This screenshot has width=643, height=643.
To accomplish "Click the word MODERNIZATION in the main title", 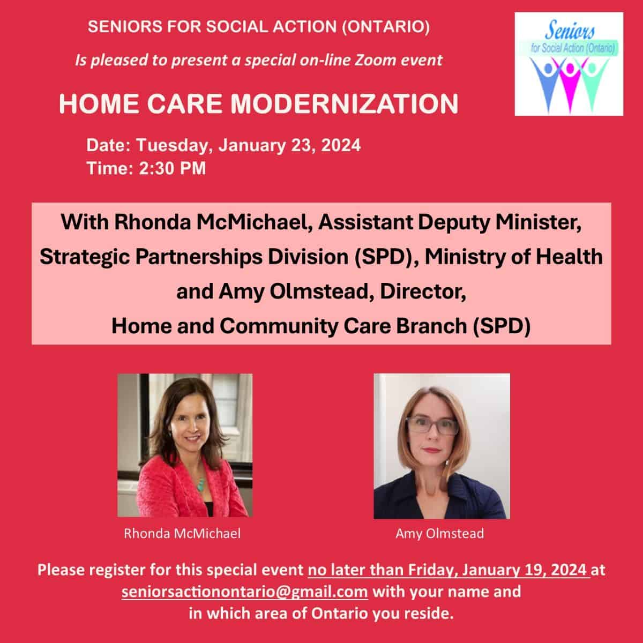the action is pyautogui.click(x=345, y=103).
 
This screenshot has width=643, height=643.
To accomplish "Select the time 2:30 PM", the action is pyautogui.click(x=172, y=168).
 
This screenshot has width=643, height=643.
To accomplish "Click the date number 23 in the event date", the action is pyautogui.click(x=303, y=145).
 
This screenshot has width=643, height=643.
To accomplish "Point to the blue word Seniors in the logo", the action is pyautogui.click(x=570, y=31).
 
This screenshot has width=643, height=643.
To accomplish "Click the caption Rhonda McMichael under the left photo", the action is pyautogui.click(x=182, y=533).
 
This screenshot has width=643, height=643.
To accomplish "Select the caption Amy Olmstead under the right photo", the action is pyautogui.click(x=439, y=533).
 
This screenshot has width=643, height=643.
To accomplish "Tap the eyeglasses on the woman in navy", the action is pyautogui.click(x=432, y=426).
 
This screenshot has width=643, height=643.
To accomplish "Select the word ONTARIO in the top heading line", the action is pyautogui.click(x=386, y=27).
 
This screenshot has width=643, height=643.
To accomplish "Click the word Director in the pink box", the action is pyautogui.click(x=423, y=291).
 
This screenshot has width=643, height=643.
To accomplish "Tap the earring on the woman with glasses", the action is pyautogui.click(x=447, y=463).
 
